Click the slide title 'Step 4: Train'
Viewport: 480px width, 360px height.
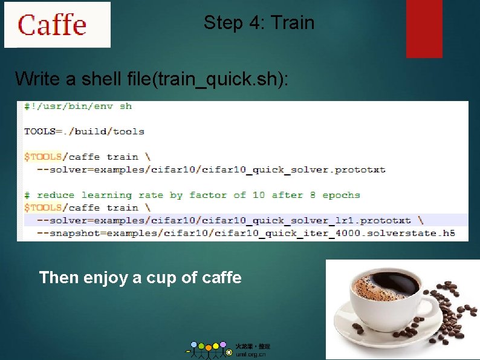[x=259, y=23]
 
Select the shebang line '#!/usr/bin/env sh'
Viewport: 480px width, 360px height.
[x=77, y=106]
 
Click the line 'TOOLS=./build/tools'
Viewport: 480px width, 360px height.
[x=84, y=131]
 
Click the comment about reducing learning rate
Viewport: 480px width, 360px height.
[x=192, y=195]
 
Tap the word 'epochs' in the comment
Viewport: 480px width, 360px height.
[x=341, y=195]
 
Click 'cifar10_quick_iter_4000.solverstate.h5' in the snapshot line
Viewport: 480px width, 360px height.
[x=352, y=233]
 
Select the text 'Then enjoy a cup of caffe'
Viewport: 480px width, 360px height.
[x=140, y=278]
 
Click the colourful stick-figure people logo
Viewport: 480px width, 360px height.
[x=209, y=349]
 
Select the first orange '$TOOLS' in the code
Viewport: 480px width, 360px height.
[x=43, y=157]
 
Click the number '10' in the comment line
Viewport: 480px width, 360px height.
[x=259, y=195]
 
